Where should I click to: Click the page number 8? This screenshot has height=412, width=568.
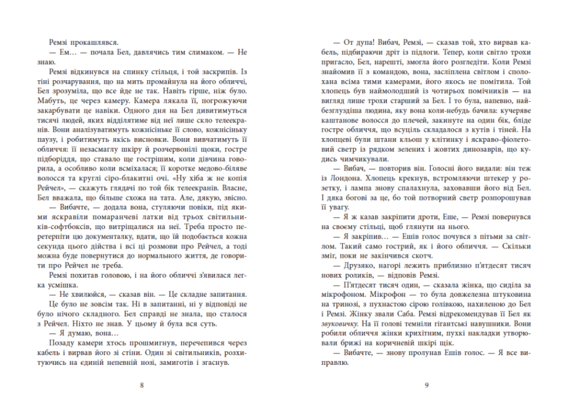point(141,385)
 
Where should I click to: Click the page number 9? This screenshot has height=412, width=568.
point(426,385)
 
